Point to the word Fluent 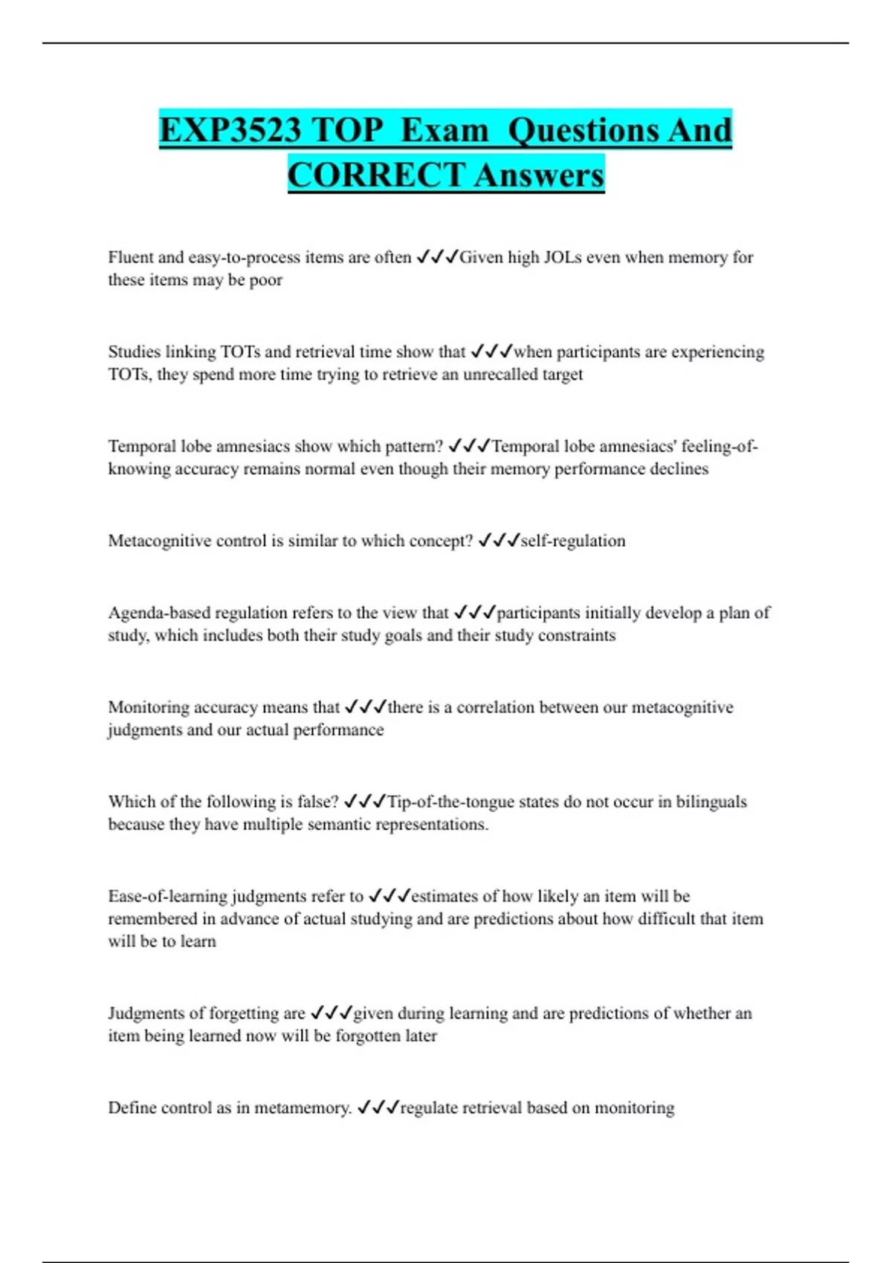coord(131,257)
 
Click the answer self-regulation coord(573,540)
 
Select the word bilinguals coord(711,801)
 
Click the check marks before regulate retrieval coord(378,1107)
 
